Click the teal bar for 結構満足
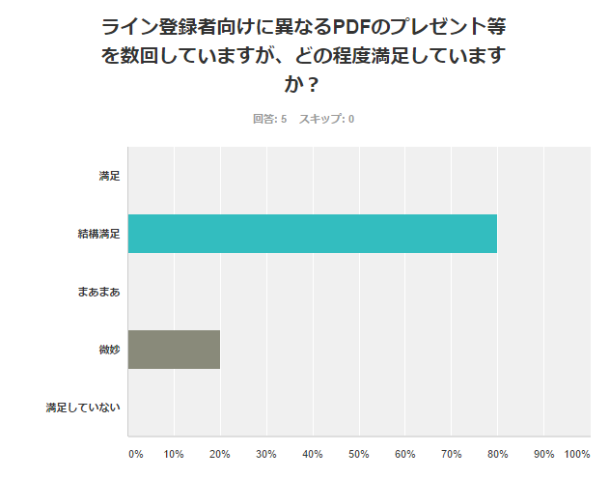coord(313,234)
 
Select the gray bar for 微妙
coord(174,350)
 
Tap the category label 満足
coord(109,176)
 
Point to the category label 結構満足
coord(99,234)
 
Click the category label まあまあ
coord(98,292)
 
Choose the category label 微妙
coord(109,350)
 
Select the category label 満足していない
coord(83,408)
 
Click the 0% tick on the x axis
coord(136,454)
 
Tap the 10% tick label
coord(175,454)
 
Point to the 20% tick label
coord(221,454)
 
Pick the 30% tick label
coord(267,454)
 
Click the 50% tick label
coord(359,454)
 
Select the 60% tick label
coord(405,454)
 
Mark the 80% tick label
coord(498,454)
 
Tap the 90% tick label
coord(544,454)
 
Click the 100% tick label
coord(577,454)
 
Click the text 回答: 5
coord(270,119)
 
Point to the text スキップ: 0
coord(326,119)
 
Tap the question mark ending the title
coord(313,84)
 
